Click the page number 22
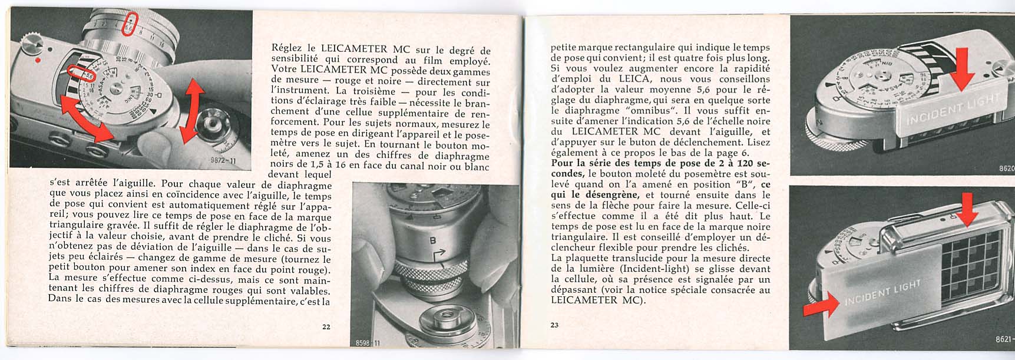pyautogui.click(x=326, y=327)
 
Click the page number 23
pyautogui.click(x=554, y=325)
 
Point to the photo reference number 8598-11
pyautogui.click(x=369, y=343)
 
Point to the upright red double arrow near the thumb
pyautogui.click(x=190, y=111)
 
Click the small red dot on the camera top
pyautogui.click(x=37, y=60)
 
